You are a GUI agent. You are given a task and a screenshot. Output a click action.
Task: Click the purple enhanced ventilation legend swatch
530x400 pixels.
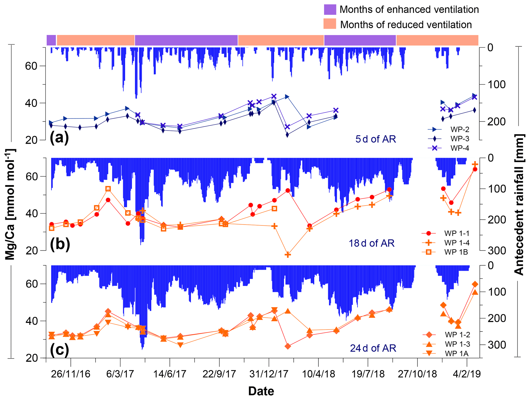[x=330, y=9]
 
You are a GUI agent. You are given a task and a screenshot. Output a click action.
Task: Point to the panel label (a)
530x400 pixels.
[x=59, y=138]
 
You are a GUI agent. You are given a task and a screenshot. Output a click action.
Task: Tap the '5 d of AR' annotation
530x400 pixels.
[x=375, y=139]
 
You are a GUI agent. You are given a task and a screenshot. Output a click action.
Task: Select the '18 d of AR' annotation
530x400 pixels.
[x=371, y=243]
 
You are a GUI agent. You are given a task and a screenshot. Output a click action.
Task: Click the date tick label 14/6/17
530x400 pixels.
[x=169, y=374]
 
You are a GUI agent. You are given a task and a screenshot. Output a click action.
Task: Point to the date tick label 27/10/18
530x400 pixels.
[x=417, y=374]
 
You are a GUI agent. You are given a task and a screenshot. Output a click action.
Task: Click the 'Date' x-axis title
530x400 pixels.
[x=261, y=391]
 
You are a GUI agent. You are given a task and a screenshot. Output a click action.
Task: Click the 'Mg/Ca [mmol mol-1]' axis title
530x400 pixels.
[x=10, y=204]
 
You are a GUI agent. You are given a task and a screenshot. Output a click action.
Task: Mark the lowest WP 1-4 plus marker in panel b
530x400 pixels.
[x=288, y=255]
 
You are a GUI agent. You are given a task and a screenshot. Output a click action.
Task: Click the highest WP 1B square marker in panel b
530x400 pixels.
[x=108, y=189]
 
